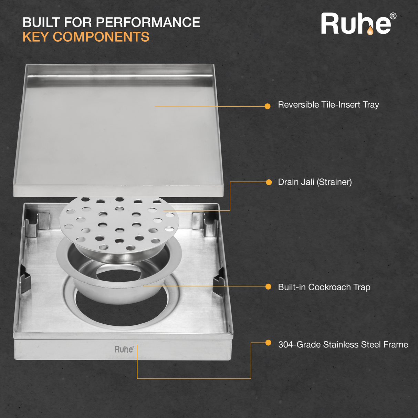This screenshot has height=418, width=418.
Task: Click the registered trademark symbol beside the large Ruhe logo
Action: click(x=393, y=16)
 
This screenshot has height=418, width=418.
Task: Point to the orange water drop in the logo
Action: click(x=370, y=31)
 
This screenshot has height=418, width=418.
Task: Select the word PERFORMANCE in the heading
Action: click(x=148, y=22)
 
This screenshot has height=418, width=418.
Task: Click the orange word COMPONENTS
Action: click(x=101, y=36)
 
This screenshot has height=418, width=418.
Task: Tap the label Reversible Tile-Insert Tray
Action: click(x=328, y=105)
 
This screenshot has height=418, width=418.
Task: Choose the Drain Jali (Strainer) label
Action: click(x=315, y=182)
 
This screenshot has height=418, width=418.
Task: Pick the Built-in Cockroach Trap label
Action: click(x=324, y=287)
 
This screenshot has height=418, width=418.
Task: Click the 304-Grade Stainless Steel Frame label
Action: click(x=343, y=344)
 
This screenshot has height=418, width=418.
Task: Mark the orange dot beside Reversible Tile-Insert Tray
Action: click(x=268, y=106)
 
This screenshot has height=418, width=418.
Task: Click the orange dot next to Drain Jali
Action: click(x=269, y=182)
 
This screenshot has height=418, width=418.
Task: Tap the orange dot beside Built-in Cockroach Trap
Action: click(x=268, y=286)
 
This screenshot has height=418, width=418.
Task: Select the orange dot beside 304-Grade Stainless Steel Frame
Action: click(x=268, y=343)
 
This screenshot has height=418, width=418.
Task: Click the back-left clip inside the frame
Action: click(x=37, y=224)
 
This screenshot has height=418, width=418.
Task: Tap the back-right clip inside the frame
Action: click(x=205, y=224)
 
